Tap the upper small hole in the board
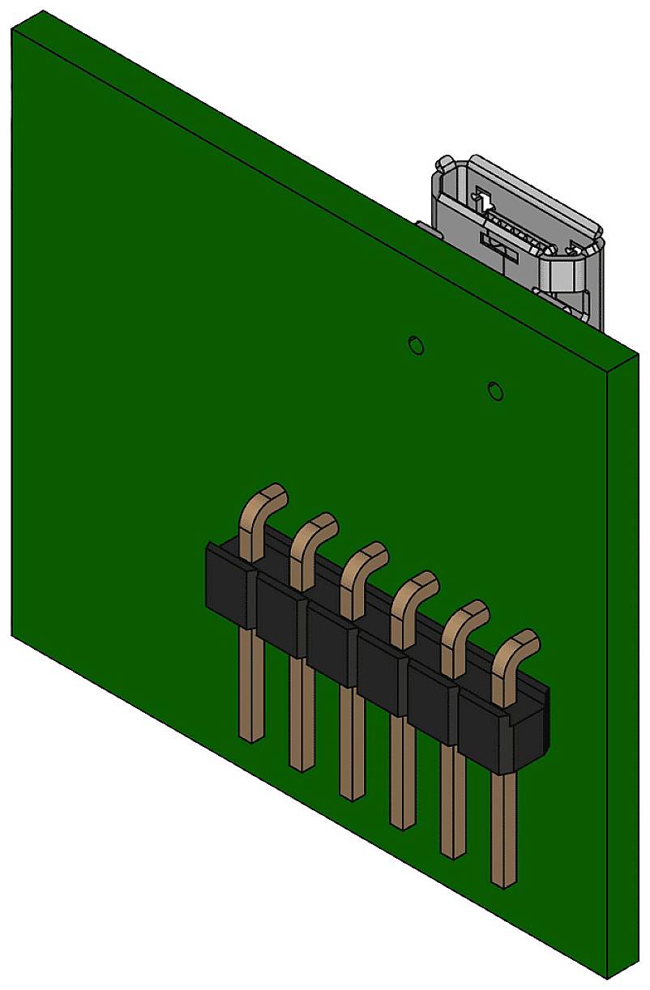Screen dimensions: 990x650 point(415,344)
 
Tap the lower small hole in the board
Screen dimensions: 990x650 point(496,390)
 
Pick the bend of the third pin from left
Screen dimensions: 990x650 point(368,558)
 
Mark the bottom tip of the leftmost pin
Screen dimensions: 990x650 point(251,735)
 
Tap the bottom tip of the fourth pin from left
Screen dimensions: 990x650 point(402,822)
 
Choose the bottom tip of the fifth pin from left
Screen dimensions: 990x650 point(452,851)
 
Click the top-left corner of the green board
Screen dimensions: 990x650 point(13,29)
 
